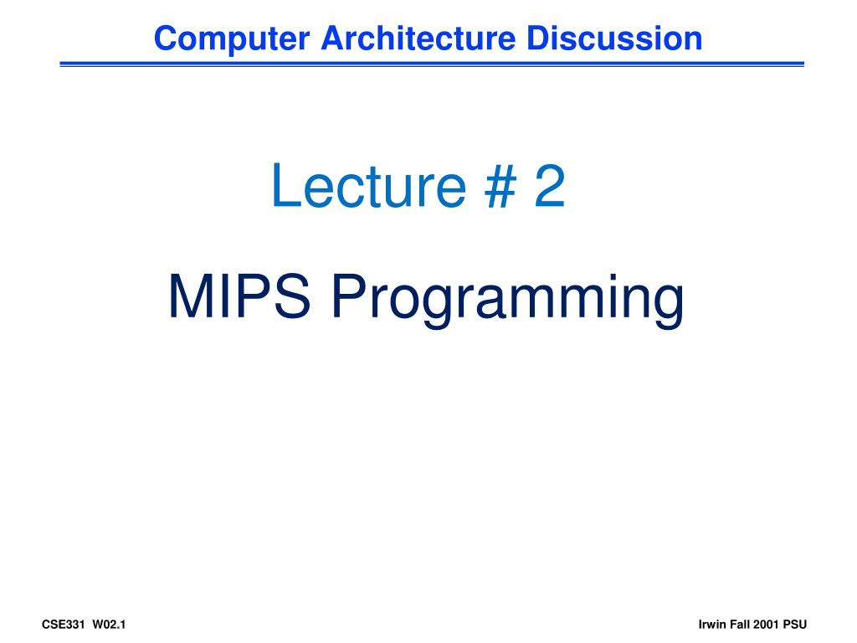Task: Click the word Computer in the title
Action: [232, 39]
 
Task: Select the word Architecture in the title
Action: [418, 39]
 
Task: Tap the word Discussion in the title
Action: [613, 39]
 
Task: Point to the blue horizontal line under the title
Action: [432, 64]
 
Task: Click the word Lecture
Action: [369, 186]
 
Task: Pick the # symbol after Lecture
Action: [500, 186]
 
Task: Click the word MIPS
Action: [239, 296]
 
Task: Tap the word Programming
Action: [508, 301]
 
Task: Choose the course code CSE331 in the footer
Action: [64, 625]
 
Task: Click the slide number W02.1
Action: [110, 625]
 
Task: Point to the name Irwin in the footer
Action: [712, 625]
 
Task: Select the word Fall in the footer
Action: [740, 625]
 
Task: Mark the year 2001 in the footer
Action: [766, 625]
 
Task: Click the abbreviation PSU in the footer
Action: [795, 625]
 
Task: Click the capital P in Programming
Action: [351, 296]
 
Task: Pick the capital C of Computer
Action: [165, 39]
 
